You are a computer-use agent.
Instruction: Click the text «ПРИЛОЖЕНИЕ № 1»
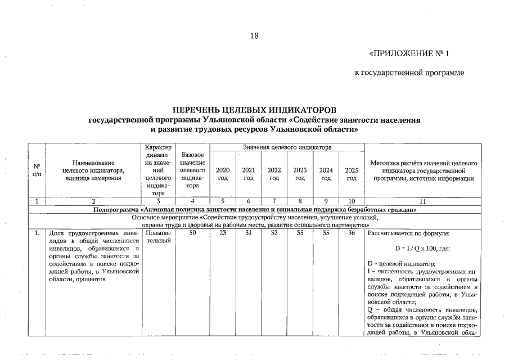tap(409, 54)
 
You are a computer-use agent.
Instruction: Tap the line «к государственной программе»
tap(409, 73)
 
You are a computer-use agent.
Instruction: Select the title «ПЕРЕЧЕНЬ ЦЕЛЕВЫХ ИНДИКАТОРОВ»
tap(254, 110)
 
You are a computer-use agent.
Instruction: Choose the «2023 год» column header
tap(300, 174)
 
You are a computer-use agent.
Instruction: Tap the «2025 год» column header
tap(352, 174)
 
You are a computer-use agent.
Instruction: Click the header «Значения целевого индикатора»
tap(287, 147)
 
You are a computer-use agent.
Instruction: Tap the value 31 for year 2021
tap(248, 233)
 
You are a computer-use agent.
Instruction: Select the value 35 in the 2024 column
tap(326, 233)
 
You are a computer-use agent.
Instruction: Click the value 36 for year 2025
tap(352, 233)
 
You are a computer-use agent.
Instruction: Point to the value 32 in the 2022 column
tap(274, 233)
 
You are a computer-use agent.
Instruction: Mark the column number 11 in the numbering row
tap(422, 201)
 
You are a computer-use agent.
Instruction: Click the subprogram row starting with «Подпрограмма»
tap(254, 209)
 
